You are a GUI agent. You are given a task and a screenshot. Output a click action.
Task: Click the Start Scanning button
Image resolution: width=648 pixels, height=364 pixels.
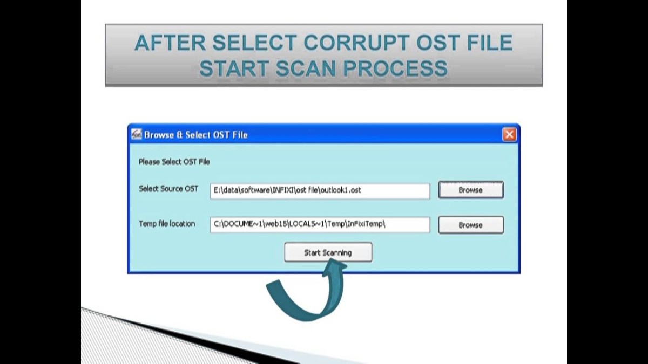328,252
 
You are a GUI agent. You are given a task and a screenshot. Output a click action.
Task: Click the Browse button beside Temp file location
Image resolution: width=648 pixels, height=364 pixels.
471,225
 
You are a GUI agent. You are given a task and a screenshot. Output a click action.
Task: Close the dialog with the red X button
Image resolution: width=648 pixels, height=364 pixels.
509,135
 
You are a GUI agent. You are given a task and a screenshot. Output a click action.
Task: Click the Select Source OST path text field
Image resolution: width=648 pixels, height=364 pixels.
320,191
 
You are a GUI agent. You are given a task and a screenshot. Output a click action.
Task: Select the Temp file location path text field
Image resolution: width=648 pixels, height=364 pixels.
320,224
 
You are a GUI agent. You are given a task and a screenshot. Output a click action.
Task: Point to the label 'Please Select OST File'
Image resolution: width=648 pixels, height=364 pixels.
174,162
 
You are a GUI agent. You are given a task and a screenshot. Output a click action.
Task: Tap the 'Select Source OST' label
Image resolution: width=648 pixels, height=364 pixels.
168,189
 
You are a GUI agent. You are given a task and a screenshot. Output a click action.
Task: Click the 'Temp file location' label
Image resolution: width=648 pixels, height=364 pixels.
167,224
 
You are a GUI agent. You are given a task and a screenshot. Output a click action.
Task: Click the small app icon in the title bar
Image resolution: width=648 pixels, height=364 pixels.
137,134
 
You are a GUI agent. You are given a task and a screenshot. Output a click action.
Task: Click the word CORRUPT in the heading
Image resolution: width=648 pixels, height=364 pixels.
357,43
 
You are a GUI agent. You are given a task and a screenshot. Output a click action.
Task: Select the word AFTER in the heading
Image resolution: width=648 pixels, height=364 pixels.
170,43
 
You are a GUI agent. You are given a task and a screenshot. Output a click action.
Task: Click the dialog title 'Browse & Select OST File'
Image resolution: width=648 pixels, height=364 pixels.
196,135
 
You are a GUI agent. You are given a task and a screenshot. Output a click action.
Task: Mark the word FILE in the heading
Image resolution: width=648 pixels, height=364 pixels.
487,43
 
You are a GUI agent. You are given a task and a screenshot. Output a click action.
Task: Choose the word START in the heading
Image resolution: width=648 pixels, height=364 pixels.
234,68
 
